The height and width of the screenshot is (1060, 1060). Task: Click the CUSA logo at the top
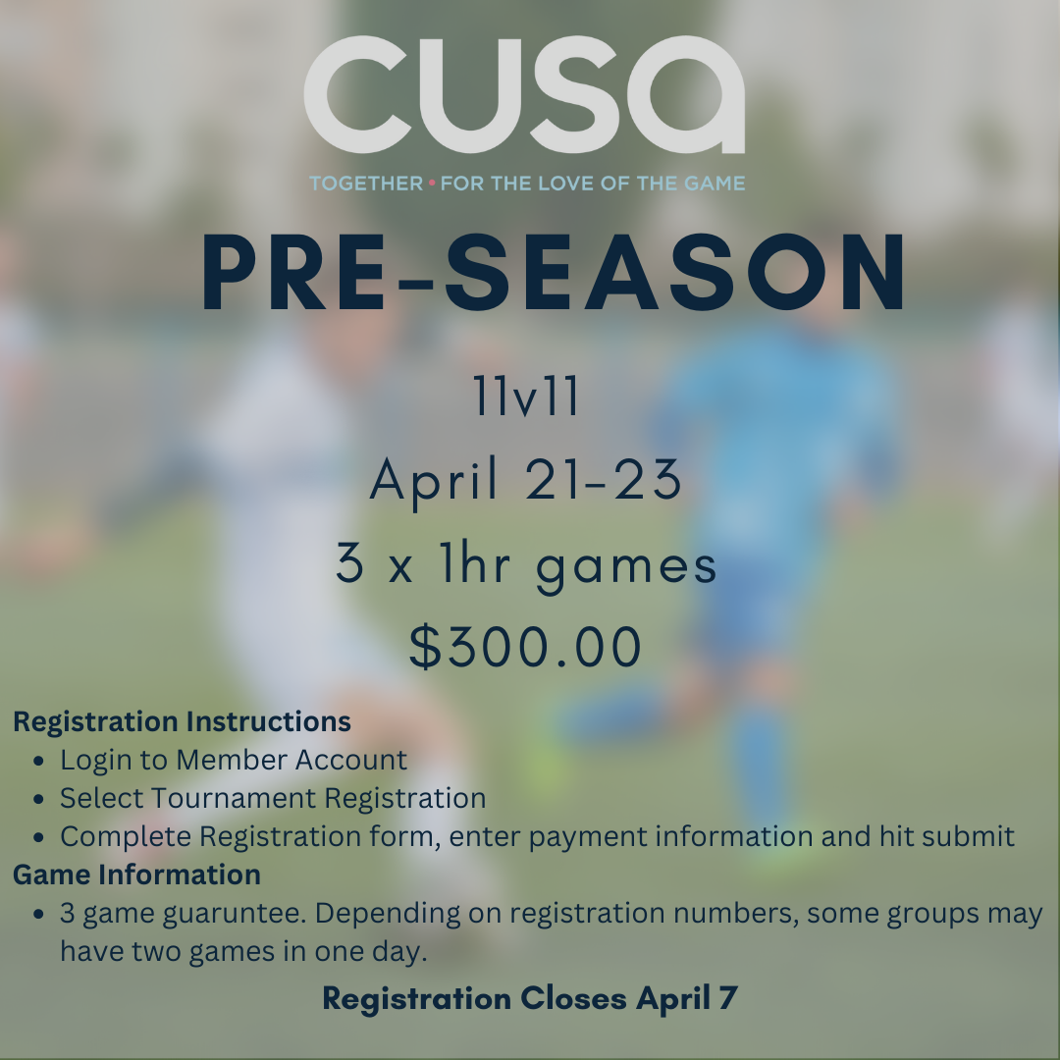pyautogui.click(x=524, y=94)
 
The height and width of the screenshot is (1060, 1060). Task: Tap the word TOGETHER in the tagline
pyautogui.click(x=366, y=184)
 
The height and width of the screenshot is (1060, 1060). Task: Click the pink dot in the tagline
pyautogui.click(x=432, y=183)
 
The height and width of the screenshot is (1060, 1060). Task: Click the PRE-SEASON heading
pyautogui.click(x=553, y=272)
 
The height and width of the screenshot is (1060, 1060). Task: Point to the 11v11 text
pyautogui.click(x=526, y=397)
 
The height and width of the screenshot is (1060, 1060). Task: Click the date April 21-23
pyautogui.click(x=526, y=479)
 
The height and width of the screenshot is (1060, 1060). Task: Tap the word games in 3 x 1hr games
pyautogui.click(x=626, y=567)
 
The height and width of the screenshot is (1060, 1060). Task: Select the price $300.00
pyautogui.click(x=525, y=647)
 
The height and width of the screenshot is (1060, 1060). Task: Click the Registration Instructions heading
pyautogui.click(x=182, y=721)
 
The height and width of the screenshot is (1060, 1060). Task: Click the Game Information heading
pyautogui.click(x=136, y=874)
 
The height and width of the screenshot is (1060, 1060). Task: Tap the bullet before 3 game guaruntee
pyautogui.click(x=38, y=915)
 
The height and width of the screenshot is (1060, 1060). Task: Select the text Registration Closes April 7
pyautogui.click(x=529, y=998)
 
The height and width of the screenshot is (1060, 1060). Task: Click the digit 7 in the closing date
pyautogui.click(x=728, y=998)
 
